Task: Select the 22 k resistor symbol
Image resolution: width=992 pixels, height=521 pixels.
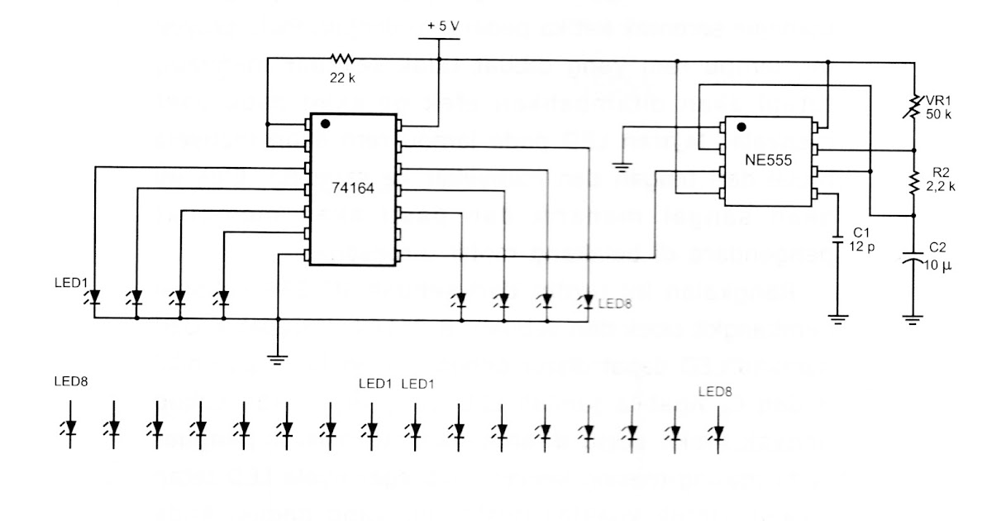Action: pos(341,59)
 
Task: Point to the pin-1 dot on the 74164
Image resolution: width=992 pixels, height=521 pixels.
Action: pos(325,124)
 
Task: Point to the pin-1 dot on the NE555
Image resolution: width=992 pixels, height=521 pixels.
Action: pos(741,127)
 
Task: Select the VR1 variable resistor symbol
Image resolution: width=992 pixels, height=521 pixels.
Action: pos(913,106)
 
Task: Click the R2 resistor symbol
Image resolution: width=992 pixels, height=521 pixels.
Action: pos(913,183)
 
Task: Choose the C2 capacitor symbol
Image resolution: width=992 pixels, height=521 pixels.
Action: pos(913,259)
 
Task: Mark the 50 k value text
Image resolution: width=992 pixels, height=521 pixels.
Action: pos(938,115)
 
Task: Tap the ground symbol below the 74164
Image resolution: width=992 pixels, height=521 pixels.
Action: pos(278,358)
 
